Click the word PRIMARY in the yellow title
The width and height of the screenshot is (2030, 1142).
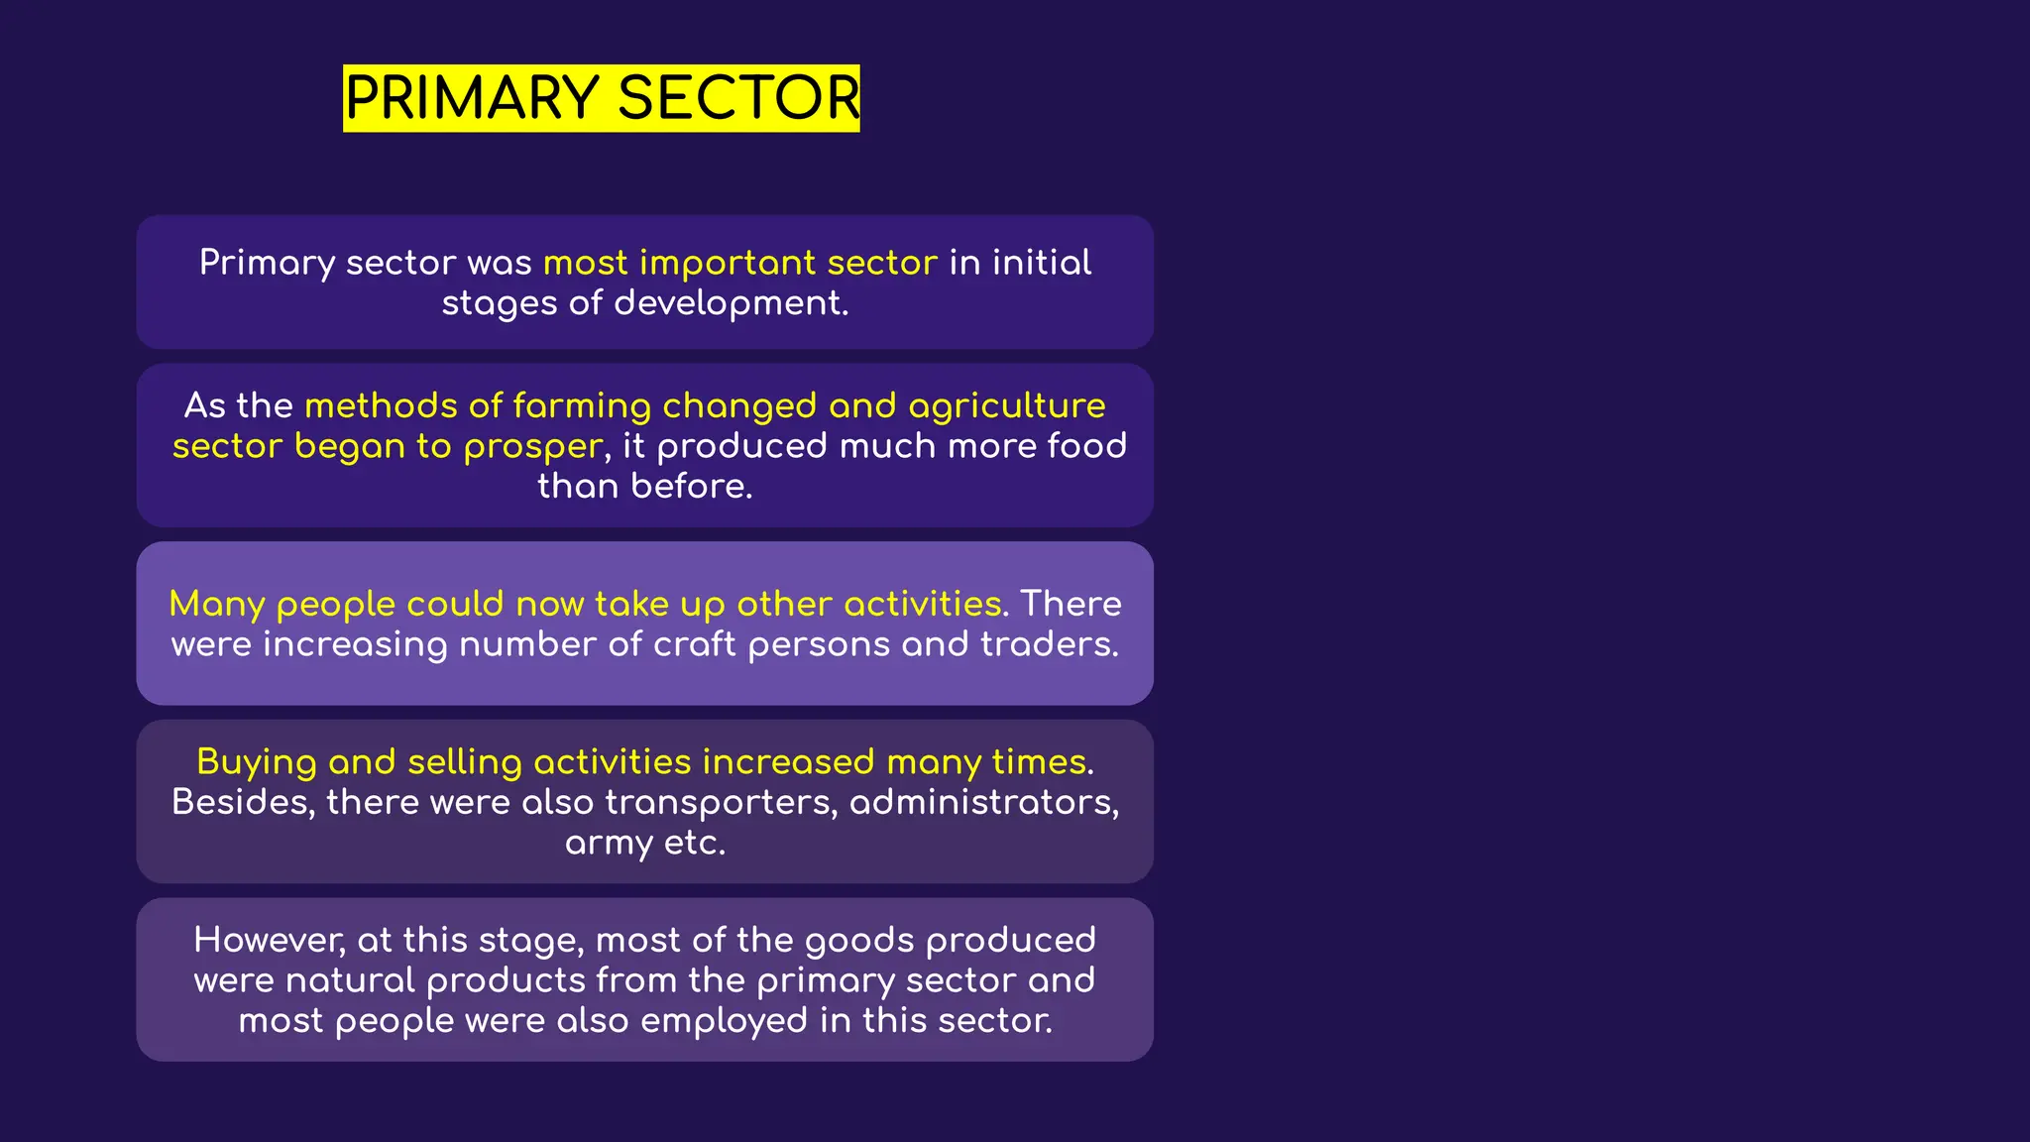[471, 98]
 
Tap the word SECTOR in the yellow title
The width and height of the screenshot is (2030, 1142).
[738, 98]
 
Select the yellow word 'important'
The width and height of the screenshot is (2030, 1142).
[728, 263]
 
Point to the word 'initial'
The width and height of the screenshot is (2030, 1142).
[1042, 263]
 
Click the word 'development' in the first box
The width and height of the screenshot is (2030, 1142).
[730, 303]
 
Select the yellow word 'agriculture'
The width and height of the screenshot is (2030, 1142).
[1006, 405]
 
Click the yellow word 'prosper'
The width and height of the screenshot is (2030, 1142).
[532, 447]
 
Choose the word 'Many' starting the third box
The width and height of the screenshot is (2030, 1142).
[216, 605]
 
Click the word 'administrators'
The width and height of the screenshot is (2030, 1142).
[983, 802]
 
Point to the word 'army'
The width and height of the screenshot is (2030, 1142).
[609, 844]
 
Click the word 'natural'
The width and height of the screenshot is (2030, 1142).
[350, 980]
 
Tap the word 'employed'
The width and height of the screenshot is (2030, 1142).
[724, 1021]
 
